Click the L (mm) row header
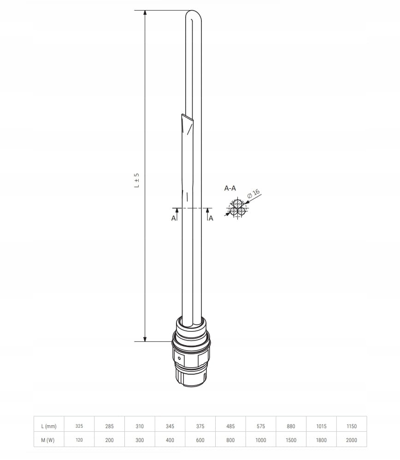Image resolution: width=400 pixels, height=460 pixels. point(49,426)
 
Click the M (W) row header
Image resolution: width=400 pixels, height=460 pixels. point(48,440)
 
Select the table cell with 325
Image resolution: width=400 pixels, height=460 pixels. point(79,426)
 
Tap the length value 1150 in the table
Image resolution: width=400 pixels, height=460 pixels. point(352,426)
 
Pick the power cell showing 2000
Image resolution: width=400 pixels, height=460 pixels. point(352,440)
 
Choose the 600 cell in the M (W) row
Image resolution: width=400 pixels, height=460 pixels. point(200,440)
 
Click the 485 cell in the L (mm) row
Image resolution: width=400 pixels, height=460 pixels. point(230,426)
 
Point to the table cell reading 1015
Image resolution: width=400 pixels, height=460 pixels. point(321,426)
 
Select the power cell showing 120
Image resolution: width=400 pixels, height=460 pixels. point(79,440)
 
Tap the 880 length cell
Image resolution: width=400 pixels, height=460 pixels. point(291,426)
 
